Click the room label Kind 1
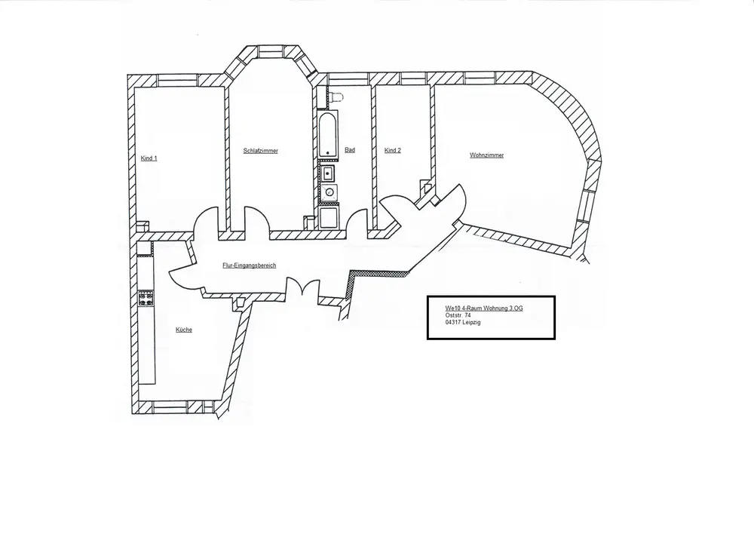[149, 158]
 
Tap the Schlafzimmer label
[260, 151]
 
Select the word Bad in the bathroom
[349, 150]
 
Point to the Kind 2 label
[392, 151]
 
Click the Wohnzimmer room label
[486, 155]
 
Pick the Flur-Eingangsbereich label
[249, 266]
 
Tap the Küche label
[183, 330]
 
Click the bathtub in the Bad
[327, 136]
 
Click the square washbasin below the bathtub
[328, 174]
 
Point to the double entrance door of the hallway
[302, 289]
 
